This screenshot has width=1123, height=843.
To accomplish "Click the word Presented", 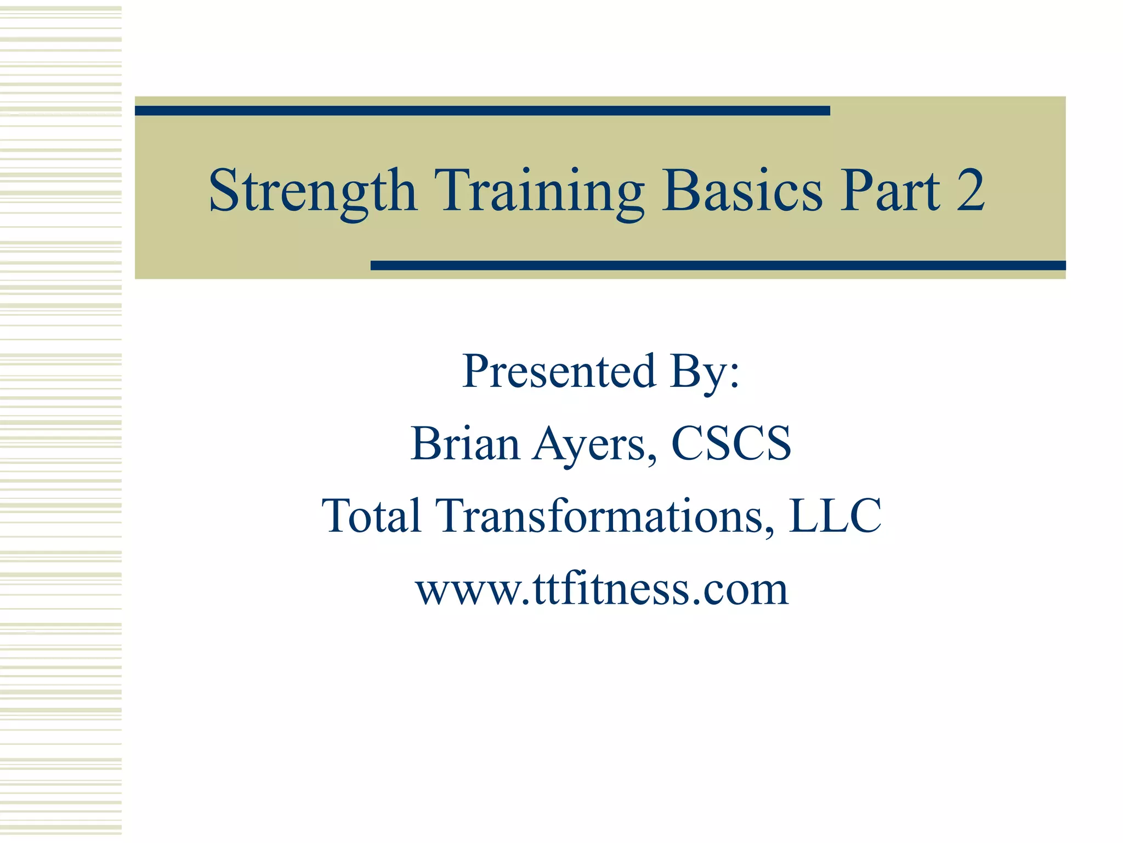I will click(559, 372).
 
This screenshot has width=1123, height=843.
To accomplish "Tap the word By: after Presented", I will click(705, 373).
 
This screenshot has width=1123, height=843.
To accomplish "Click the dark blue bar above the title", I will click(482, 111).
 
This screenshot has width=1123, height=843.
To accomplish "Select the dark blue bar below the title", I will click(718, 266).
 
